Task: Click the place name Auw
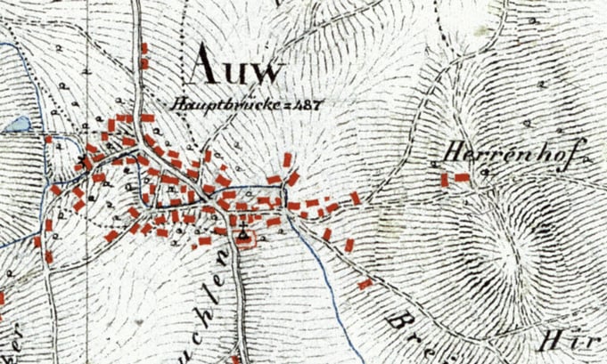tap(236, 65)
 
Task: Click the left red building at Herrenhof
tap(444, 179)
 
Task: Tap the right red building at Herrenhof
tap(462, 177)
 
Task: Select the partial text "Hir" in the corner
tap(562, 344)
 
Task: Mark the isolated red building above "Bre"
tap(365, 283)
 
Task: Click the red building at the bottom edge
tap(234, 360)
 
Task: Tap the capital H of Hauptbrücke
tap(178, 103)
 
